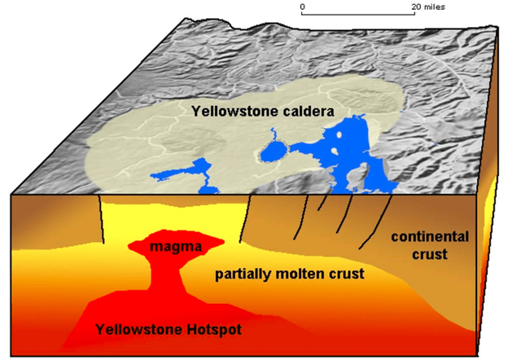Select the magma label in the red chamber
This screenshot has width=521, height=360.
click(x=175, y=247)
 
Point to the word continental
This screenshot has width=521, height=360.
click(x=430, y=237)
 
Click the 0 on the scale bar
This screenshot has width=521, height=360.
click(x=302, y=7)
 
